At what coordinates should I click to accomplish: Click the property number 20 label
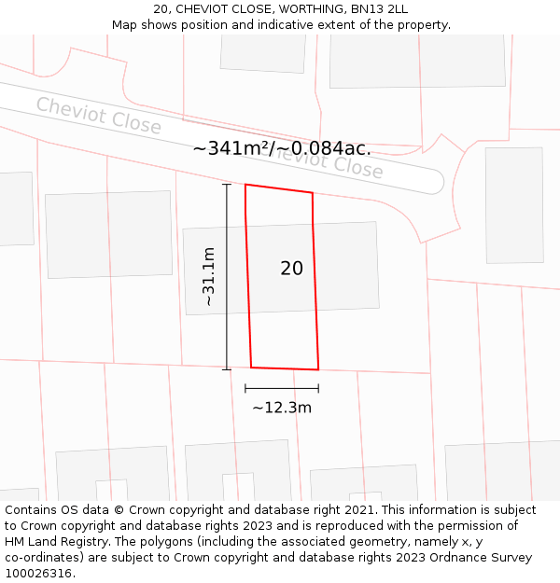tap(291, 269)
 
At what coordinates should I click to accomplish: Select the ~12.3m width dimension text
tap(281, 408)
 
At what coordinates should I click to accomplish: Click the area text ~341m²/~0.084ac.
tap(282, 148)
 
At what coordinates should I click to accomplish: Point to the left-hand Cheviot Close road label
tap(98, 115)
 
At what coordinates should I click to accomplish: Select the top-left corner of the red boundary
tap(245, 185)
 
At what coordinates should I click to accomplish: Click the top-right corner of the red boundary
tap(312, 194)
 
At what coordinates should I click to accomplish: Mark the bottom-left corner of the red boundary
tap(251, 368)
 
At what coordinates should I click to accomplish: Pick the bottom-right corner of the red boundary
tap(318, 370)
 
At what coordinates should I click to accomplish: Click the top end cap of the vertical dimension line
tap(226, 185)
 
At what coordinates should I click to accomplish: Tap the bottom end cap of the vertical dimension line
tap(226, 369)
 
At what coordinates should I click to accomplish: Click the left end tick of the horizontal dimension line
tap(245, 388)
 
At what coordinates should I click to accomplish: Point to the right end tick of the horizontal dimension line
tap(318, 388)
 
